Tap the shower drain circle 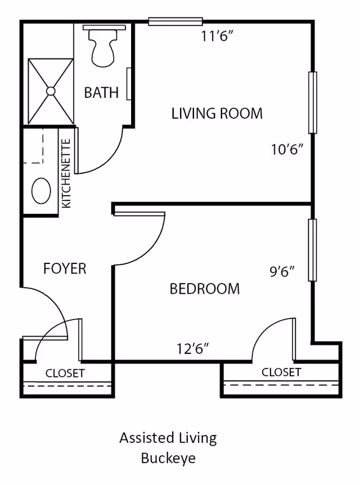point(51,91)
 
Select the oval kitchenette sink point(41,191)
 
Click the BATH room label point(101,93)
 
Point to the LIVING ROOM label point(217,114)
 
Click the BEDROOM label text point(205,289)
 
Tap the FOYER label point(65,269)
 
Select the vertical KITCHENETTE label point(66,173)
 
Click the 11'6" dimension point(217,37)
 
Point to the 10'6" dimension point(287,150)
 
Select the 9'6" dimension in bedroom point(282,272)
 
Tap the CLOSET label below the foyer point(65,374)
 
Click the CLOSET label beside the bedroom point(281,372)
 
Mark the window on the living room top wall point(175,22)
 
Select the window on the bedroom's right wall point(312,250)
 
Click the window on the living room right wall point(312,102)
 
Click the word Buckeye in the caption point(168,458)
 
